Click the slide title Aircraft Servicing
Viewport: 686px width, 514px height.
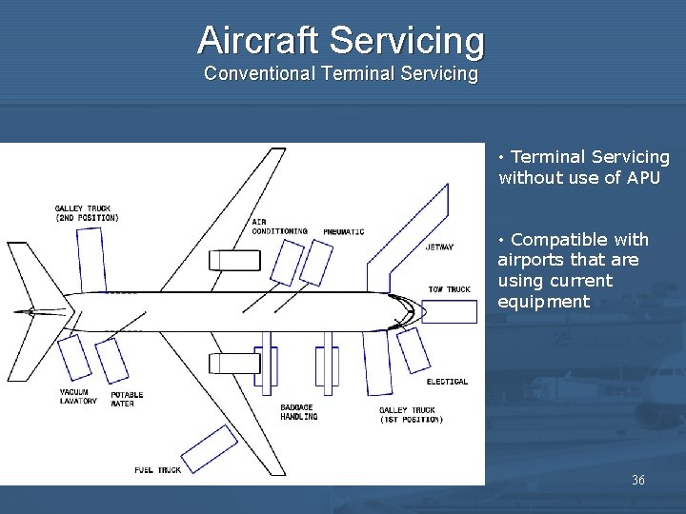click(341, 40)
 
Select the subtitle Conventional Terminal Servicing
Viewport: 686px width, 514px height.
click(341, 73)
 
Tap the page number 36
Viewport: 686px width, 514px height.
click(637, 480)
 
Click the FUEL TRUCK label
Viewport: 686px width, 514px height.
click(157, 469)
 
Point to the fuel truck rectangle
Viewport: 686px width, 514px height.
click(210, 449)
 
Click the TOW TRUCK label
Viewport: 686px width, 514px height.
click(449, 289)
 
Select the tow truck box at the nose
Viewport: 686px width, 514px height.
click(449, 311)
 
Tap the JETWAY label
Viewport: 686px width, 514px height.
click(439, 247)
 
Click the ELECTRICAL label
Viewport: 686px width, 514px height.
click(447, 382)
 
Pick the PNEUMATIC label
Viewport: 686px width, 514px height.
click(343, 232)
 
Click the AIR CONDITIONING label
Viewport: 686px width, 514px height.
click(279, 227)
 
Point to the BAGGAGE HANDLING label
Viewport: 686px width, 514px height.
click(298, 412)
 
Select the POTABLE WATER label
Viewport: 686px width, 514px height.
click(127, 398)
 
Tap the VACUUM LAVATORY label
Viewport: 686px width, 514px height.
click(78, 397)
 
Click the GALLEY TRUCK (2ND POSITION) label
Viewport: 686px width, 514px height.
click(87, 212)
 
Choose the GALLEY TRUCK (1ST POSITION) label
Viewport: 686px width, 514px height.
click(411, 415)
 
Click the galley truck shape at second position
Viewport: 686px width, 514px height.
click(92, 258)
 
